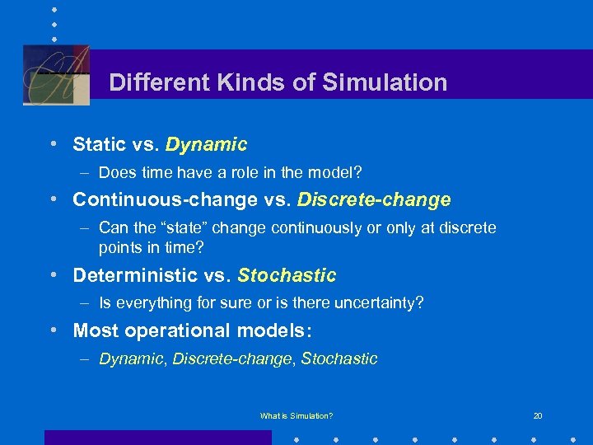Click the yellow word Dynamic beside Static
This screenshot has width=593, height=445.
pos(206,145)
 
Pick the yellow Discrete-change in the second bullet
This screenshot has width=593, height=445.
pos(374,200)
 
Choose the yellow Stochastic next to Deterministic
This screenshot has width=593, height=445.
pos(287,275)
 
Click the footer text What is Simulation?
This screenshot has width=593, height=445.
pos(296,416)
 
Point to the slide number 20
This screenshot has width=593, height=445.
pos(538,416)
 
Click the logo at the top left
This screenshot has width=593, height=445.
pos(56,74)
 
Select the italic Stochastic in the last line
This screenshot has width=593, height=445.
pos(339,358)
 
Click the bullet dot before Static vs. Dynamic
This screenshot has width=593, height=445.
pos(53,143)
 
